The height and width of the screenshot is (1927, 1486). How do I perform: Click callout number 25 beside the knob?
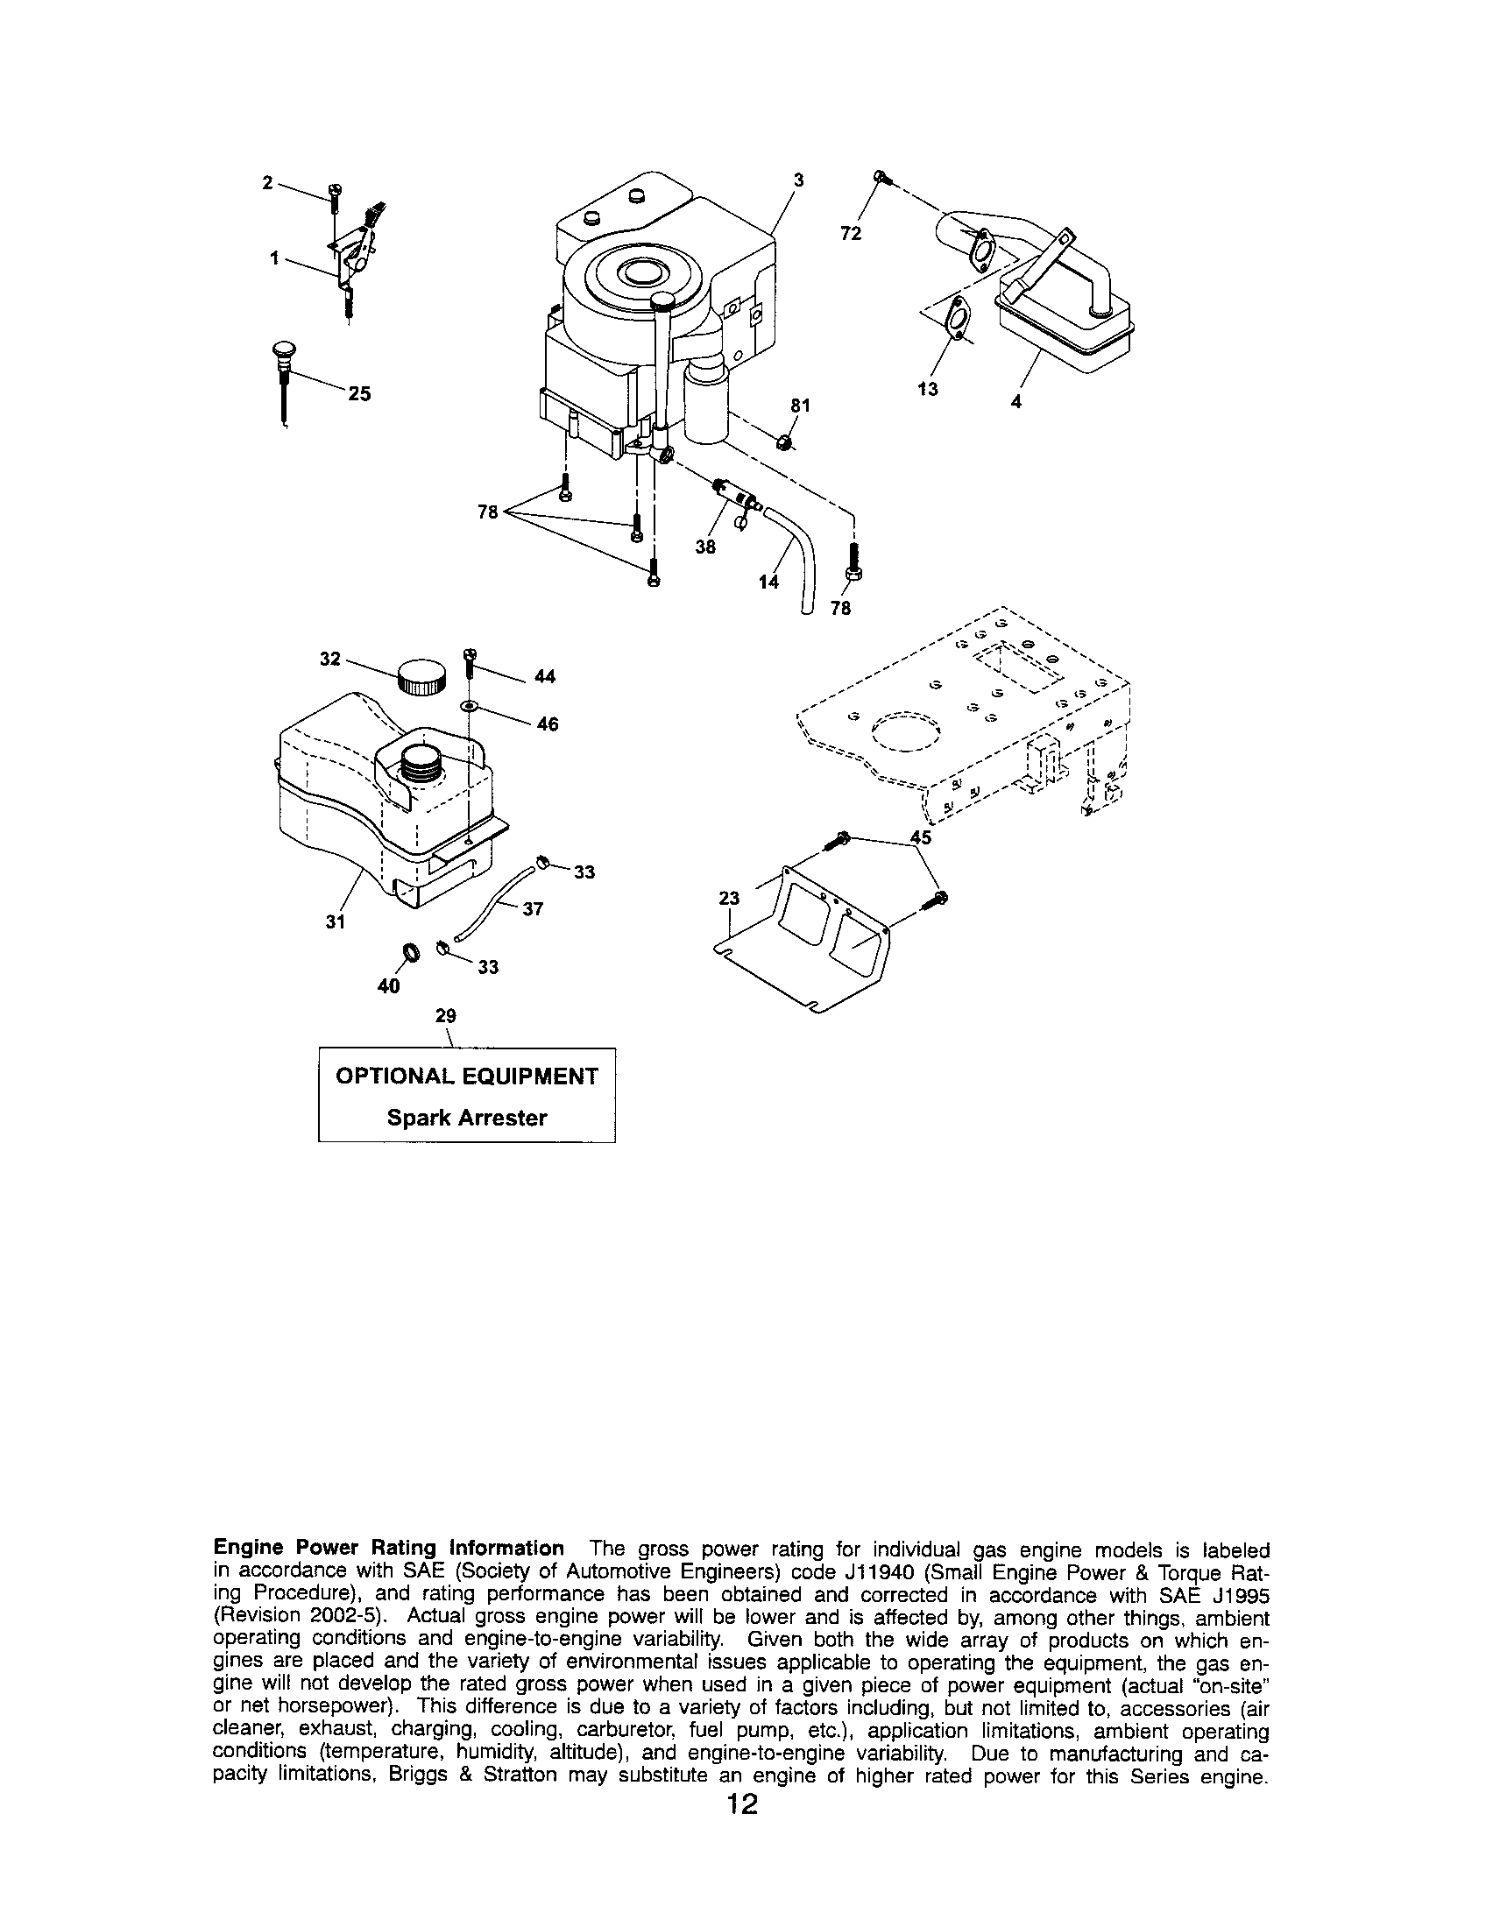pyautogui.click(x=359, y=394)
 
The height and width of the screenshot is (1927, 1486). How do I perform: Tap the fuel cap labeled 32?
pyautogui.click(x=421, y=678)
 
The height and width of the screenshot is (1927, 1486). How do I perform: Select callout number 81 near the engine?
pyautogui.click(x=799, y=406)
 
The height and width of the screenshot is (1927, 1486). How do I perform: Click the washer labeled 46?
pyautogui.click(x=469, y=707)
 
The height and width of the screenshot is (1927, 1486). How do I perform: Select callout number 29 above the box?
pyautogui.click(x=446, y=1015)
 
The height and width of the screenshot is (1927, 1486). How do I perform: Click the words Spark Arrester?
pyautogui.click(x=467, y=1118)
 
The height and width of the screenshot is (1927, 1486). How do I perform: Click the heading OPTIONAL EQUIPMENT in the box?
pyautogui.click(x=467, y=1076)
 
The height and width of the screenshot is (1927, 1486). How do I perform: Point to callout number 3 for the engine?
pyautogui.click(x=797, y=180)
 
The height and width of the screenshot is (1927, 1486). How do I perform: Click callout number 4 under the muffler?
pyautogui.click(x=1016, y=400)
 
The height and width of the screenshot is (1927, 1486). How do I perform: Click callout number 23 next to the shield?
pyautogui.click(x=729, y=898)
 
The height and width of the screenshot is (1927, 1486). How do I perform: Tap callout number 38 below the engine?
pyautogui.click(x=705, y=547)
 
